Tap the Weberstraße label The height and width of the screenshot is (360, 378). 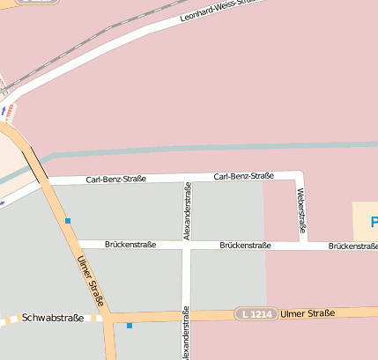[301, 210]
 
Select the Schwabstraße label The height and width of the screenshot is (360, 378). [53, 318]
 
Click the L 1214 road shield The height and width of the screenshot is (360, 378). [256, 313]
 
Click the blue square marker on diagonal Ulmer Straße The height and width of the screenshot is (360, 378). [67, 221]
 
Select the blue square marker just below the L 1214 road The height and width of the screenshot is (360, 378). [130, 327]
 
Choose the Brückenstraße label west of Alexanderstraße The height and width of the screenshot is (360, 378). [130, 244]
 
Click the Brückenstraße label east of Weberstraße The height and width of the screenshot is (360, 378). [352, 246]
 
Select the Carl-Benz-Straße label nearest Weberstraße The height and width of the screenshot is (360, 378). [244, 176]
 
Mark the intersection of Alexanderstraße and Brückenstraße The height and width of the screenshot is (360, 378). [187, 245]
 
